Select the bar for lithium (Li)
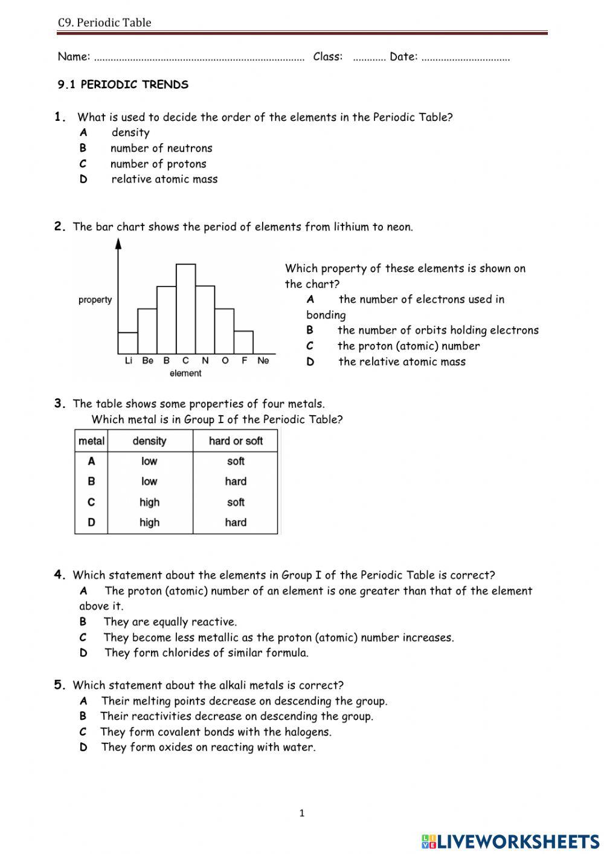click(x=128, y=343)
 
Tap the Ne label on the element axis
click(x=263, y=361)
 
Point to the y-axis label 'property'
click(x=95, y=300)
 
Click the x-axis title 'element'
click(x=185, y=374)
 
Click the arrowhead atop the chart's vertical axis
click(x=118, y=244)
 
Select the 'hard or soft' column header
click(x=236, y=441)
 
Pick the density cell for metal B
click(x=149, y=482)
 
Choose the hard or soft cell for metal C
click(x=236, y=502)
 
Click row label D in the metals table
click(x=91, y=523)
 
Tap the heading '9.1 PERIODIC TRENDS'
click(x=123, y=85)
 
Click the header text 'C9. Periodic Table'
click(x=104, y=23)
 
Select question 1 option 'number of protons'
click(x=158, y=164)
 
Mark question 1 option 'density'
click(x=130, y=133)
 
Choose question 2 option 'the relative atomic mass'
click(x=402, y=362)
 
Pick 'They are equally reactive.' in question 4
click(x=170, y=622)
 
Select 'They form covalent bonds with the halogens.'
click(x=216, y=732)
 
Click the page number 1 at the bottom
click(x=302, y=814)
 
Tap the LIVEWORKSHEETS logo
click(x=510, y=841)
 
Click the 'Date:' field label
click(x=403, y=57)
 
